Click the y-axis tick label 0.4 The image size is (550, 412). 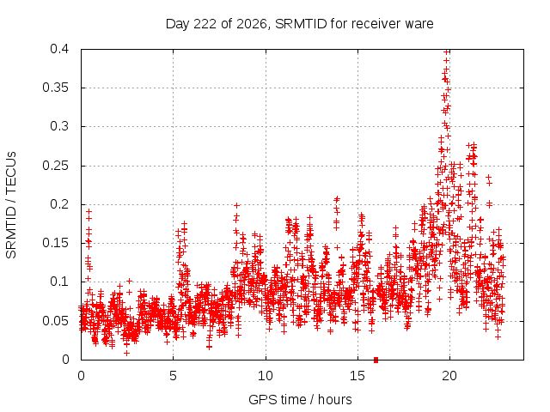[x=59, y=49]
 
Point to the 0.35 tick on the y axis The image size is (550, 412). [x=55, y=88]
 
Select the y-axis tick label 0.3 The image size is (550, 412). [x=59, y=126]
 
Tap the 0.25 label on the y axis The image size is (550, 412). [x=55, y=166]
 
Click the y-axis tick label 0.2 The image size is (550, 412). [x=59, y=204]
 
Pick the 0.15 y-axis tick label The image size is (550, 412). [x=55, y=243]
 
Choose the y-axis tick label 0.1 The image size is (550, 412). [x=59, y=282]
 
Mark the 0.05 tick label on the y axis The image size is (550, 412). [x=55, y=320]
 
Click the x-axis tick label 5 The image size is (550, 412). [x=173, y=376]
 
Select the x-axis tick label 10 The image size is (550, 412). [x=266, y=376]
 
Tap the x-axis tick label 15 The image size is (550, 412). [x=357, y=376]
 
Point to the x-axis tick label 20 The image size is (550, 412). [x=449, y=376]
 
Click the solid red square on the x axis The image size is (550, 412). [x=376, y=360]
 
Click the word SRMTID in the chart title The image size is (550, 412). [x=301, y=24]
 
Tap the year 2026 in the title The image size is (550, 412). [x=252, y=24]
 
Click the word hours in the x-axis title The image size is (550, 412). [x=334, y=399]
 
